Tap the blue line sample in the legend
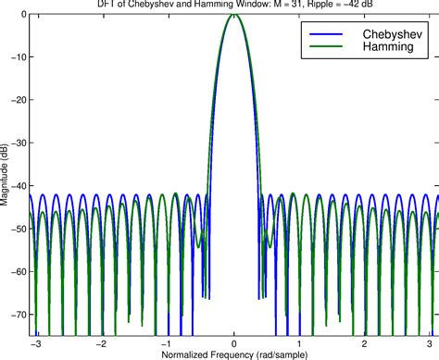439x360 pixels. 325,34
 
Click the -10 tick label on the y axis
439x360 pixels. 19,57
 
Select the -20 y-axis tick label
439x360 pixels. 19,100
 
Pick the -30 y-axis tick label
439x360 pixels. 19,143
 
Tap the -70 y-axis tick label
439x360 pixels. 19,316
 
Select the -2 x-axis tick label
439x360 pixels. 102,342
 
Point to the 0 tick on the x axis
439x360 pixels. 234,342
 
